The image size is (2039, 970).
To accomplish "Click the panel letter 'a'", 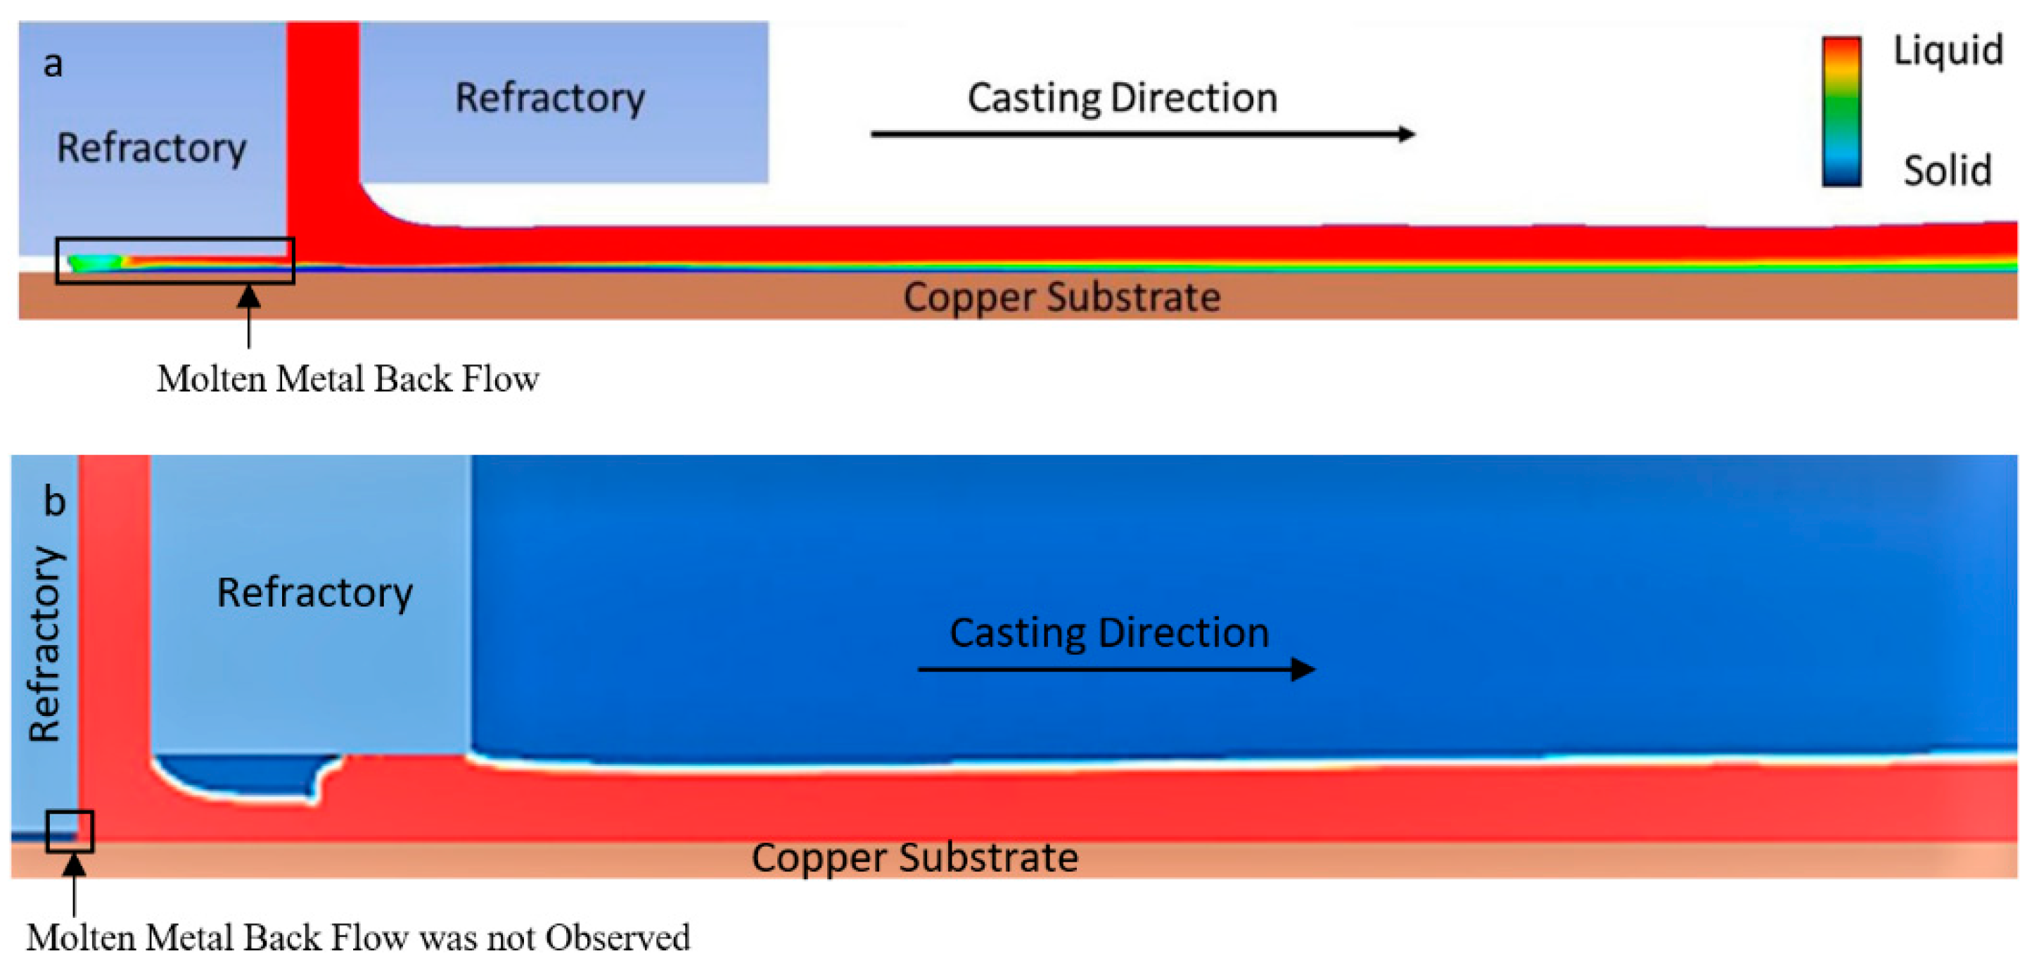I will click(x=52, y=63).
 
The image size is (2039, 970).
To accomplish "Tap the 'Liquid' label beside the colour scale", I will click(x=1947, y=51).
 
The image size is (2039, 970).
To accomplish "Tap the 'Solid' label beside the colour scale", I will click(x=1947, y=170).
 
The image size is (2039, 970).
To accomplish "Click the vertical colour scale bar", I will click(x=1841, y=111).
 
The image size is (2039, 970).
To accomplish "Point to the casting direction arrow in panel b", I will click(x=1116, y=670).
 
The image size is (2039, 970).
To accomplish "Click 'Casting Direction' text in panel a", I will click(x=1122, y=98).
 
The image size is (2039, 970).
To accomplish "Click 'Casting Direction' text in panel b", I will click(x=1108, y=632).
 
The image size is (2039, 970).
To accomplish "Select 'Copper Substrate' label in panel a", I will click(x=1061, y=297).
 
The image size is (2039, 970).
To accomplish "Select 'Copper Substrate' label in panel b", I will click(x=914, y=857).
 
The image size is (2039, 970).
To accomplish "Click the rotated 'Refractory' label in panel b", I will click(x=45, y=643).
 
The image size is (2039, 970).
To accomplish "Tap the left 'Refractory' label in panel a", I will click(x=151, y=148).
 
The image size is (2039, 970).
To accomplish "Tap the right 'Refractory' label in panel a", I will click(x=549, y=98).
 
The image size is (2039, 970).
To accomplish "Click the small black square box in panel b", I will click(x=70, y=831).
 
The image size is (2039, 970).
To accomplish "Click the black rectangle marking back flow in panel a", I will click(x=175, y=260).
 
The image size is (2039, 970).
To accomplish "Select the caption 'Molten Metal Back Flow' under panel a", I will click(x=347, y=378).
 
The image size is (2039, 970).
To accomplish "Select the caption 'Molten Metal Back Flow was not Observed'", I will click(x=358, y=938).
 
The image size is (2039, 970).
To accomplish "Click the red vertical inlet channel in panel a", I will click(x=322, y=119).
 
